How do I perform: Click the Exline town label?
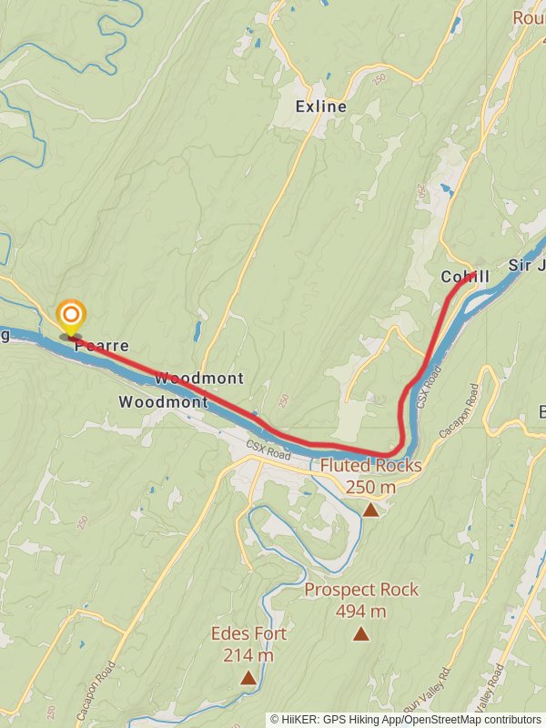[321, 106]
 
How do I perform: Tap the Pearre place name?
[101, 346]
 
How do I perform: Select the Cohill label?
[465, 276]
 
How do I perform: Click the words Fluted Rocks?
[370, 466]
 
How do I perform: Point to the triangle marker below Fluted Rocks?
[370, 510]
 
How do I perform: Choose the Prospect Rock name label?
[361, 590]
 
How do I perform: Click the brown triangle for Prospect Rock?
[361, 633]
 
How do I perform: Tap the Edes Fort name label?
[248, 633]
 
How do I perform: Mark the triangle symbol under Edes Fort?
[248, 677]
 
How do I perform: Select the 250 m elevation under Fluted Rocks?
[370, 487]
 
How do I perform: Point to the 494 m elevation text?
[361, 611]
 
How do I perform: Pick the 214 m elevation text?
[248, 654]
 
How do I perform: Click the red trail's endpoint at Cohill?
[472, 275]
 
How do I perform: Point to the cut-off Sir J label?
[526, 265]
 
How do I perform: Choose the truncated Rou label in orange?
[529, 18]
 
